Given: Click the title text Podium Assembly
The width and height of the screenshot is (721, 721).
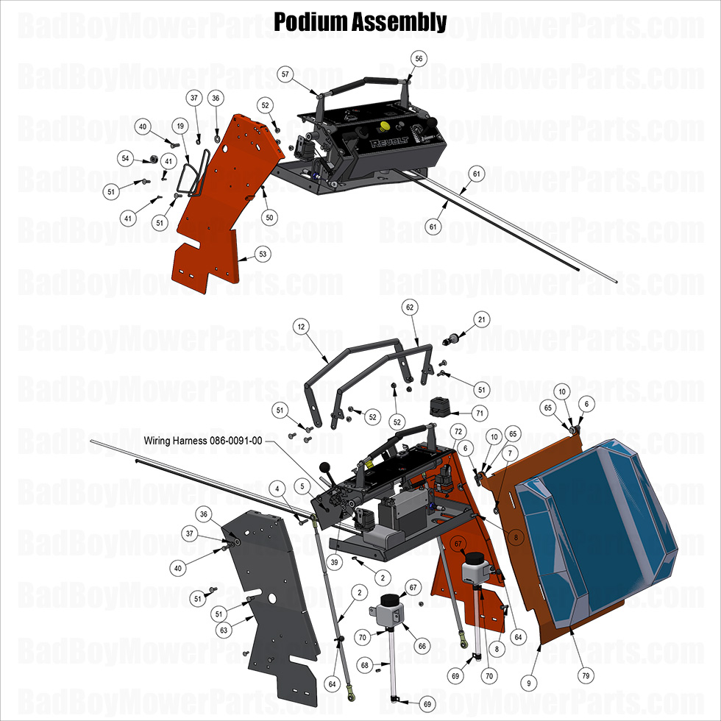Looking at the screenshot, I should coord(360,22).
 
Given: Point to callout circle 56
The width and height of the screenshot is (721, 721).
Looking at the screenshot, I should coord(419,59).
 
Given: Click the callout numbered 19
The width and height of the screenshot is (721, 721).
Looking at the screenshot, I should coord(180,127).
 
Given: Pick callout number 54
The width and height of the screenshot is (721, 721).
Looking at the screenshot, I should coord(126,158).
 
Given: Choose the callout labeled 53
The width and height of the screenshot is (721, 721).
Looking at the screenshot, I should coord(263,254).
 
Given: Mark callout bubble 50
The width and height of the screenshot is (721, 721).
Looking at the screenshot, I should coord(269,218).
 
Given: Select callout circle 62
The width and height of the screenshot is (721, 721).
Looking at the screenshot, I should coord(411,307).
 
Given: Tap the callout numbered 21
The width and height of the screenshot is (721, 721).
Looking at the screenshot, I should coord(481,319).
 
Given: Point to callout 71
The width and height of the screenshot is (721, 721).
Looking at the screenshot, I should coord(479,413).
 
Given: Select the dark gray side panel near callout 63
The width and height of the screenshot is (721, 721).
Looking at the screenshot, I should coord(272,603).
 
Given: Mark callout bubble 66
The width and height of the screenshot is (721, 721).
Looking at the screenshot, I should coord(422,645).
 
